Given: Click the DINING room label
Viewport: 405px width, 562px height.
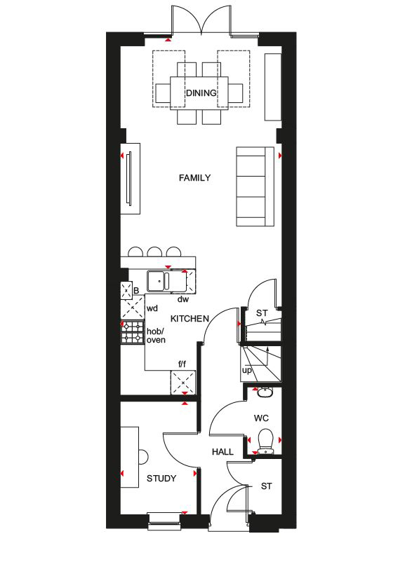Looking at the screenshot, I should click(x=201, y=92).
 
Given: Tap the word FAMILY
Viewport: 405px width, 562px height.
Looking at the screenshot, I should click(x=194, y=178).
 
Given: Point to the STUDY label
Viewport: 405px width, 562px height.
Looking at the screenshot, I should click(x=161, y=479).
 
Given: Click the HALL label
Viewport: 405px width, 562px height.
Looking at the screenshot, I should click(x=223, y=452).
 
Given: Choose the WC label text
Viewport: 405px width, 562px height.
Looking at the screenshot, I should click(x=261, y=418).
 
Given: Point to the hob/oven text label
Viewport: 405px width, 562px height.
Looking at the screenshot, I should click(x=154, y=336).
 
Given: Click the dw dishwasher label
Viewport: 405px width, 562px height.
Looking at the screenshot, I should click(x=182, y=299).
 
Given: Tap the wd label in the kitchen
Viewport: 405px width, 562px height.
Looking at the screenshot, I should click(x=152, y=308).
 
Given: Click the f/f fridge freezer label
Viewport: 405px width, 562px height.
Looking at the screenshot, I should click(x=182, y=364).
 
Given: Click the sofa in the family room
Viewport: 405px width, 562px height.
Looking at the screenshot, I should click(x=255, y=186).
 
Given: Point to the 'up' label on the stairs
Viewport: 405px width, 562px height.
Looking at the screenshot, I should click(x=246, y=369).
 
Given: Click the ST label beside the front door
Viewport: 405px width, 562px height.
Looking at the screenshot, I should click(x=266, y=486).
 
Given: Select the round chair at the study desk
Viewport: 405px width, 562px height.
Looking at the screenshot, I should click(x=142, y=456).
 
